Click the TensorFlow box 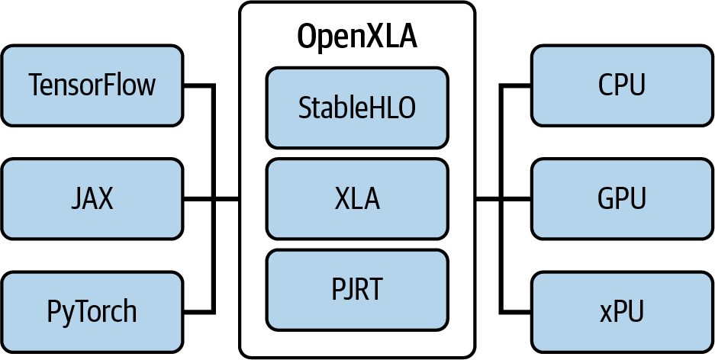92,85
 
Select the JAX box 92,198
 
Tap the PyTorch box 92,312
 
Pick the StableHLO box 357,108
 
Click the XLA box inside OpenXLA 357,198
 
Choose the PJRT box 357,289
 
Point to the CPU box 622,85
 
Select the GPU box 622,198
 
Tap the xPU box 622,312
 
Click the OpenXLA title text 357,36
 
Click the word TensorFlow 92,85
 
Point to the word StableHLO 357,108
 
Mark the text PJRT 357,289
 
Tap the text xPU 622,312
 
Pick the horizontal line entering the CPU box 515,85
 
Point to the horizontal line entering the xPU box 515,312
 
